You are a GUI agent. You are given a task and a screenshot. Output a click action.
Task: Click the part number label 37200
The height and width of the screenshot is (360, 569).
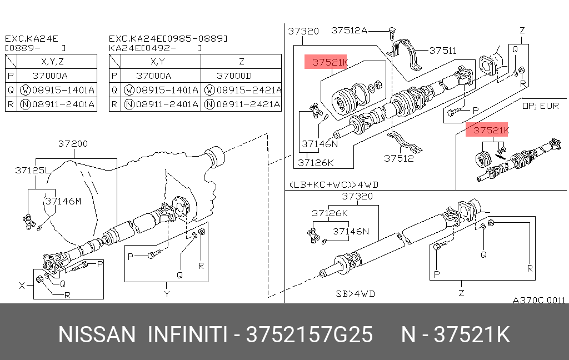[x=73, y=144]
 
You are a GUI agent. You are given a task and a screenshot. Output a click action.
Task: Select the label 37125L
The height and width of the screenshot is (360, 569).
[x=32, y=171]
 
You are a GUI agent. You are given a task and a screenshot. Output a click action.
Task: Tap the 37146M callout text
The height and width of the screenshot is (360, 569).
[x=63, y=201]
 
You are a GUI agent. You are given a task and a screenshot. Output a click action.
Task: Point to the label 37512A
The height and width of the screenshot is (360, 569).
[x=349, y=31]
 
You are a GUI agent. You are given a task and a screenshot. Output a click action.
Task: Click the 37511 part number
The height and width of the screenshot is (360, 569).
[x=442, y=51]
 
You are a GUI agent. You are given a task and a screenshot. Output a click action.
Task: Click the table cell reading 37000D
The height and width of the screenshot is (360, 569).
[x=233, y=76]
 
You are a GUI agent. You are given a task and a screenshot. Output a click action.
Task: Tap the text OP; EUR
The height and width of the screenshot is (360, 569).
[x=542, y=104]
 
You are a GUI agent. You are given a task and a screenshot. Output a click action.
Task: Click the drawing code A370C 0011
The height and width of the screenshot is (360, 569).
[x=538, y=300]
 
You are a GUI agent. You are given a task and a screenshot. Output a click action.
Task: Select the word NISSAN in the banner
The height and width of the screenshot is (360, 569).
[x=97, y=335]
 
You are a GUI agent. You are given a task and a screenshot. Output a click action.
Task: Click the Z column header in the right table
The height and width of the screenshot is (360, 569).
[x=241, y=62]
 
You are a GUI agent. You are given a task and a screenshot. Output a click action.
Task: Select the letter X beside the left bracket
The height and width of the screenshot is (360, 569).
[x=22, y=286]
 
